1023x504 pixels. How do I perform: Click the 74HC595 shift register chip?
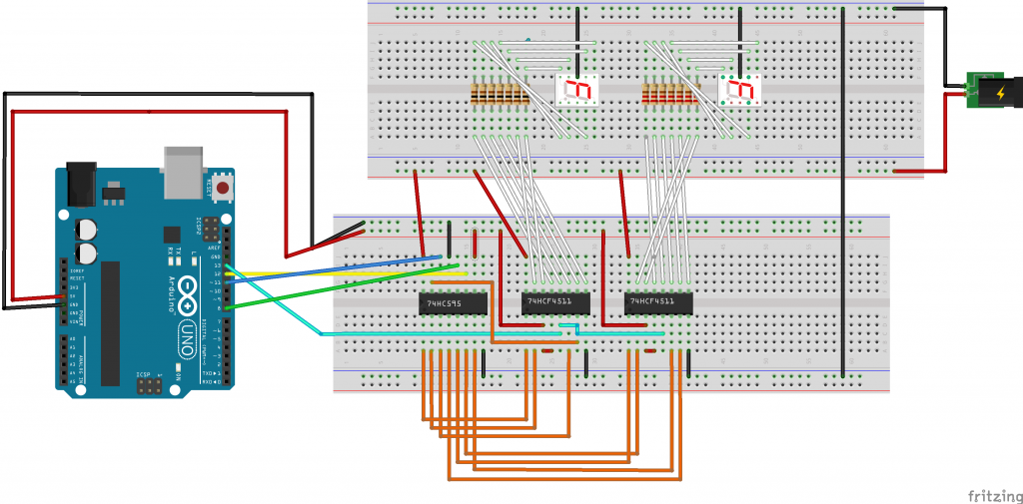[x=452, y=302]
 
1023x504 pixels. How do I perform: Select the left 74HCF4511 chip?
[x=555, y=301]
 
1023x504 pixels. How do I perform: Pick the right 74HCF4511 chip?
[x=658, y=301]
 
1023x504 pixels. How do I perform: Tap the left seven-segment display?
[x=576, y=90]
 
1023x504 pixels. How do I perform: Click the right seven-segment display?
[x=739, y=90]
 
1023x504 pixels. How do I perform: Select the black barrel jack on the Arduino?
[x=85, y=185]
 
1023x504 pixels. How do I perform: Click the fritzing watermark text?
[x=993, y=494]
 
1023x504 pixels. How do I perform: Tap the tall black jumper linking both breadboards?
[x=844, y=190]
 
